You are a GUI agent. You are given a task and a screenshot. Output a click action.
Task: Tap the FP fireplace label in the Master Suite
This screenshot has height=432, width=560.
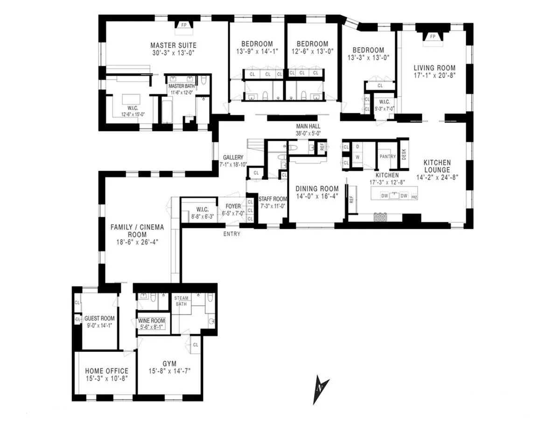(183, 25)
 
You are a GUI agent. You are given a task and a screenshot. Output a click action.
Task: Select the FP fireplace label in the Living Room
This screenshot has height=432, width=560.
(432, 36)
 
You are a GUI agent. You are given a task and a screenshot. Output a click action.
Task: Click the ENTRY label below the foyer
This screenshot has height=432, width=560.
(232, 234)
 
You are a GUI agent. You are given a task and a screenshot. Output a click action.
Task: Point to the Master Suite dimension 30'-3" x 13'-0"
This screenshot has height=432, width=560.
(173, 53)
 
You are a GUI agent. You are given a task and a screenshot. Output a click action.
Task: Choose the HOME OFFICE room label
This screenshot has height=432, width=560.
(106, 371)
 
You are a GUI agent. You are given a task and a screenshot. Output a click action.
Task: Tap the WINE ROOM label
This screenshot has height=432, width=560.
(151, 321)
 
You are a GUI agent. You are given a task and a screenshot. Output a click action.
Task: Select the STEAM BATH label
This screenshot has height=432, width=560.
(181, 301)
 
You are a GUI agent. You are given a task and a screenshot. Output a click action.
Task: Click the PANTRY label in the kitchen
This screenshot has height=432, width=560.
(387, 157)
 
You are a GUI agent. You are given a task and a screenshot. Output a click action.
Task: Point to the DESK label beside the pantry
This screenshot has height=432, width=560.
(404, 154)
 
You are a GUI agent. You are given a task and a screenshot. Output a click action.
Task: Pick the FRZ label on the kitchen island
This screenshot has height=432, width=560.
(414, 196)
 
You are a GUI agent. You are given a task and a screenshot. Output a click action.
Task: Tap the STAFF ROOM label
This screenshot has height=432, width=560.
(273, 199)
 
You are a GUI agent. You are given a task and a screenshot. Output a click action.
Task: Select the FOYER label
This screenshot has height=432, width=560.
(233, 206)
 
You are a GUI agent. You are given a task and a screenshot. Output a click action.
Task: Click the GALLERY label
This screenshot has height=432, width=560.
(233, 158)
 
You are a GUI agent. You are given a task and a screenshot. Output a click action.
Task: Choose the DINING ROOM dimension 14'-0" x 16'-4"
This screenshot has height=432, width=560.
(317, 196)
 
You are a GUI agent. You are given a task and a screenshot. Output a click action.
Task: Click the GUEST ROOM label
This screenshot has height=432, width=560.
(99, 319)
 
